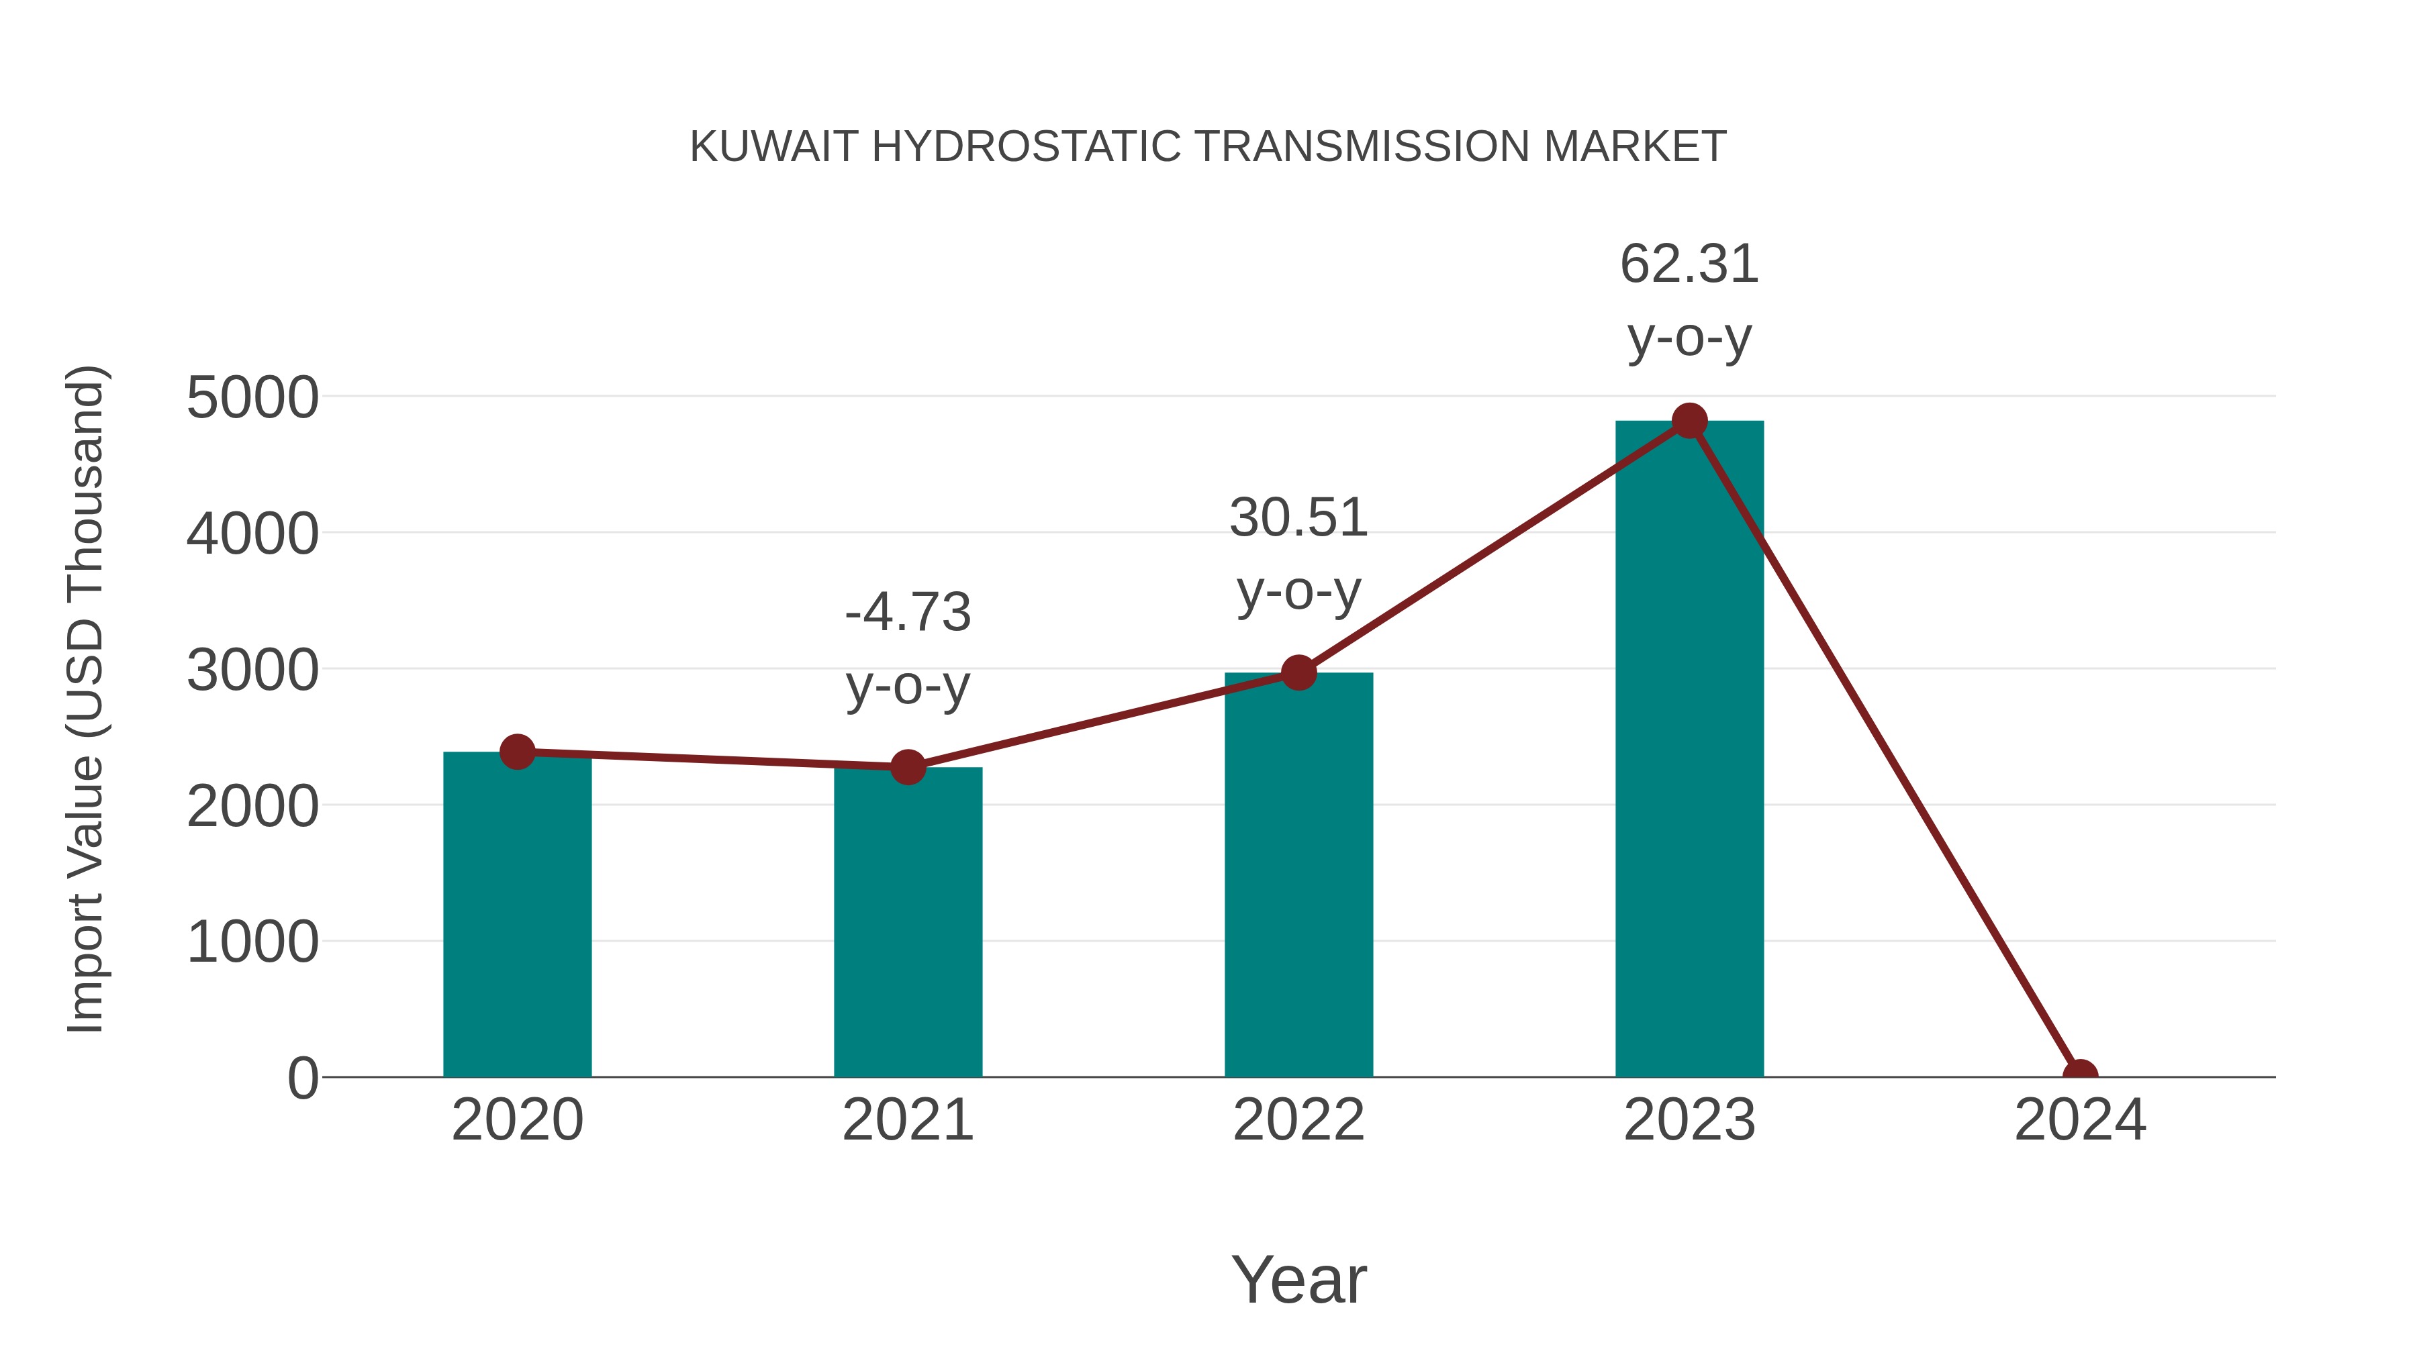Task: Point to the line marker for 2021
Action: point(907,767)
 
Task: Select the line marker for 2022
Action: point(1298,672)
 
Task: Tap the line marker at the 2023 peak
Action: point(1689,421)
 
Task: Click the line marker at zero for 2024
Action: point(2080,1075)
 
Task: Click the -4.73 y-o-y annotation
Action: point(907,648)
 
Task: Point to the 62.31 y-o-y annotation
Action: point(1689,299)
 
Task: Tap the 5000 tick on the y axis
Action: point(252,398)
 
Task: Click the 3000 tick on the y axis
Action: point(252,670)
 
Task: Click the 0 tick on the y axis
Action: point(303,1078)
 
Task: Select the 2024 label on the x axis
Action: point(2080,1120)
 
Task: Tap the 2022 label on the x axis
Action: point(1298,1120)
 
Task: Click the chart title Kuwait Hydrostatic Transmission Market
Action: point(1208,146)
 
